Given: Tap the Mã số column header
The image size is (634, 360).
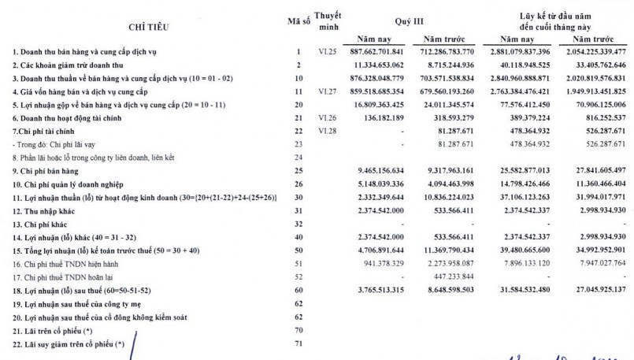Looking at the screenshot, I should [x=299, y=20].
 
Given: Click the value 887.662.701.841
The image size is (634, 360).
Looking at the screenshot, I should [x=373, y=52].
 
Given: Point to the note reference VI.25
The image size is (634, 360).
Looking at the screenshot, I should [x=328, y=52].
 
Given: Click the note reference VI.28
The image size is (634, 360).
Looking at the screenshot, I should [x=328, y=129].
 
